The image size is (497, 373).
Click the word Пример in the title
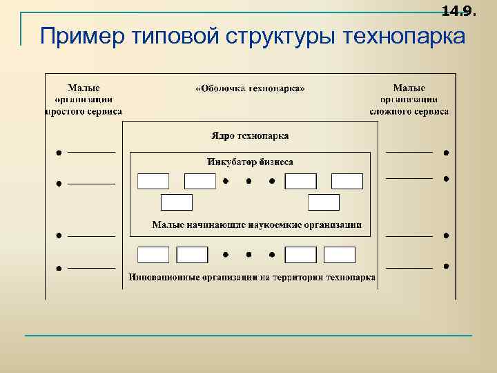point(76,36)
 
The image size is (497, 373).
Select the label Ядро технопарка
point(250,135)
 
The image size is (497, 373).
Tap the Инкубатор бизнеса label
point(250,162)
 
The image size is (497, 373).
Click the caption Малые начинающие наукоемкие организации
point(257,225)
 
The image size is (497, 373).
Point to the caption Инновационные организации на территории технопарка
point(252,278)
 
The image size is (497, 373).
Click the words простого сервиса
point(84,111)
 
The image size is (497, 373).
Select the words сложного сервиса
point(409,111)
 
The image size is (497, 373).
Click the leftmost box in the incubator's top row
point(153,182)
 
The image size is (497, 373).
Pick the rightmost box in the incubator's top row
point(347,182)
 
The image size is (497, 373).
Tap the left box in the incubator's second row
point(176,202)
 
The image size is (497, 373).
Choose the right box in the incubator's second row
point(324,202)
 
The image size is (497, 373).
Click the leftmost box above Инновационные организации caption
point(153,255)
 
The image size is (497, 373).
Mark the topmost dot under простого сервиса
point(59,152)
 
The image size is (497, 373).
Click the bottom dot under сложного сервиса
point(447,266)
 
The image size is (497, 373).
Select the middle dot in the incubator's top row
point(248,182)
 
